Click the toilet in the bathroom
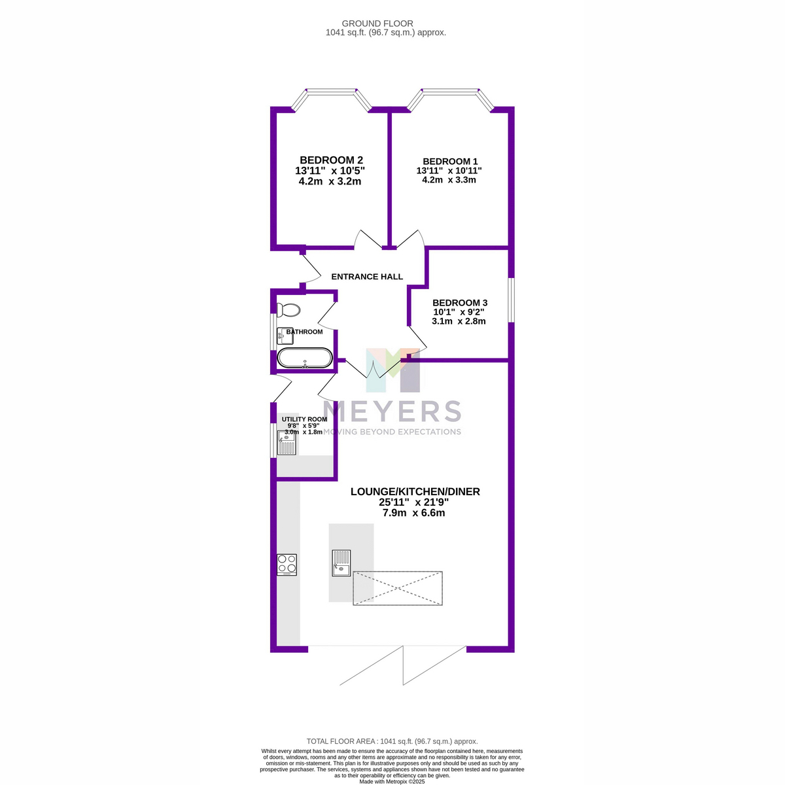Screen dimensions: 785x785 coord(288,310)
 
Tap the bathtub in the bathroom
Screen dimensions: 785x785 coord(305,358)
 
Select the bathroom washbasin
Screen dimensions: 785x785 coord(285,336)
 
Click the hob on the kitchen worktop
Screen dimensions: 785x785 coord(287,564)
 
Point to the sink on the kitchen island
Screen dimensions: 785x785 coord(341,563)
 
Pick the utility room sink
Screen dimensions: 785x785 coord(287,442)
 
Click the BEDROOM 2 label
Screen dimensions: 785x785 coord(331,160)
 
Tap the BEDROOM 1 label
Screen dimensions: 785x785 coord(450,162)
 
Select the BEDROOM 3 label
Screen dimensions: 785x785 coord(459,303)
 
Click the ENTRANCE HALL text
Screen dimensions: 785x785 coord(367,277)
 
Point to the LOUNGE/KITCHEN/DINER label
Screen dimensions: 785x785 coord(415,492)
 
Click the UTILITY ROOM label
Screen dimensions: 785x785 coord(304,419)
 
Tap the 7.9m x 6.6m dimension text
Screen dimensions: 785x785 coord(413,513)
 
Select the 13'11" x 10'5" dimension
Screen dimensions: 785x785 coord(330,171)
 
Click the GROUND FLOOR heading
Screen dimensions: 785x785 coord(377,24)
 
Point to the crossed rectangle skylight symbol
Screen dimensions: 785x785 coord(397,588)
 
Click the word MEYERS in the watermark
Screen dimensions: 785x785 coord(392,411)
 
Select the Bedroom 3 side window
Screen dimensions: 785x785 coord(512,300)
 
